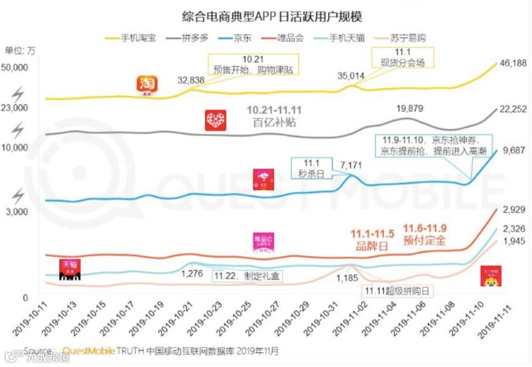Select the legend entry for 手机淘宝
click(130, 38)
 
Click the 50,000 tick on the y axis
click(17, 67)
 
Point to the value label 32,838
click(191, 80)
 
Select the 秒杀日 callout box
click(312, 168)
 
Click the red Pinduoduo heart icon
click(215, 120)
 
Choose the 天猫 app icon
click(70, 269)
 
